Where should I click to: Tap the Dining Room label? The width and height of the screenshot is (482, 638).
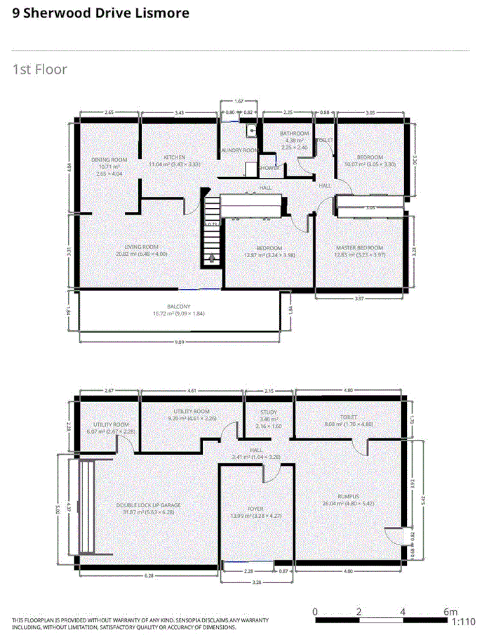[x=109, y=159]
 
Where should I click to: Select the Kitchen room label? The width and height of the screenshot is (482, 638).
[x=174, y=157]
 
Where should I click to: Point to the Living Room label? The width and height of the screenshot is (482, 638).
[x=141, y=247]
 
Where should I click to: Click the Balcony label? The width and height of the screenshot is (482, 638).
[x=178, y=306]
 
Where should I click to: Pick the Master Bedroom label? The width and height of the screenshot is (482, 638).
[x=359, y=248]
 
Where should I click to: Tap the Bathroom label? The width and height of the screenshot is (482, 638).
[x=294, y=134]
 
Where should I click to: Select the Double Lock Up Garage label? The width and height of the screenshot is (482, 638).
[x=149, y=505]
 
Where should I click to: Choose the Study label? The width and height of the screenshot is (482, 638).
[x=269, y=413]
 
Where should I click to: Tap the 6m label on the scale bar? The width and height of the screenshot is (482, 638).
[x=450, y=611]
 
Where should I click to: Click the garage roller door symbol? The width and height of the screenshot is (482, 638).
[x=87, y=507]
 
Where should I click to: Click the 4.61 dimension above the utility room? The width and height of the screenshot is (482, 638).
[x=192, y=390]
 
